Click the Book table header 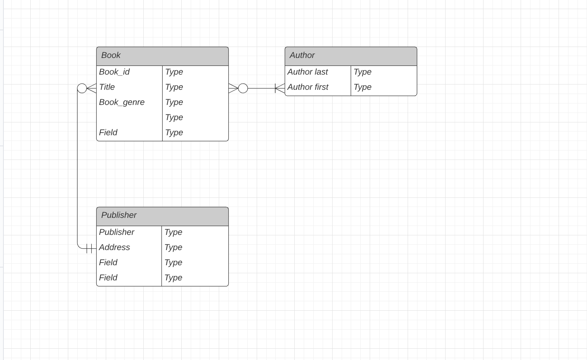tap(162, 56)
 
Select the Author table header tap(351, 56)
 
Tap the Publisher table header tap(162, 216)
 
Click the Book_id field tap(114, 72)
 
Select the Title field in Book tap(107, 87)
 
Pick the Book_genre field tap(122, 102)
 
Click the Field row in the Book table tap(108, 133)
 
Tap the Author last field tap(308, 72)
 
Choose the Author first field tap(308, 87)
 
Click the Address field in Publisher tap(115, 247)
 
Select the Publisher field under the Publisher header tap(117, 232)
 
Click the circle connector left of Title tap(82, 88)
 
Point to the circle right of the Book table tap(243, 88)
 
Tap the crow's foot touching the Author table tap(280, 88)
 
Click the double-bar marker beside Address tap(89, 249)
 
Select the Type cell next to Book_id tap(174, 72)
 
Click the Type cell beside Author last tap(363, 72)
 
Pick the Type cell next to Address tap(173, 247)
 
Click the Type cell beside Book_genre tap(174, 102)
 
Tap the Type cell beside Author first tap(363, 87)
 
